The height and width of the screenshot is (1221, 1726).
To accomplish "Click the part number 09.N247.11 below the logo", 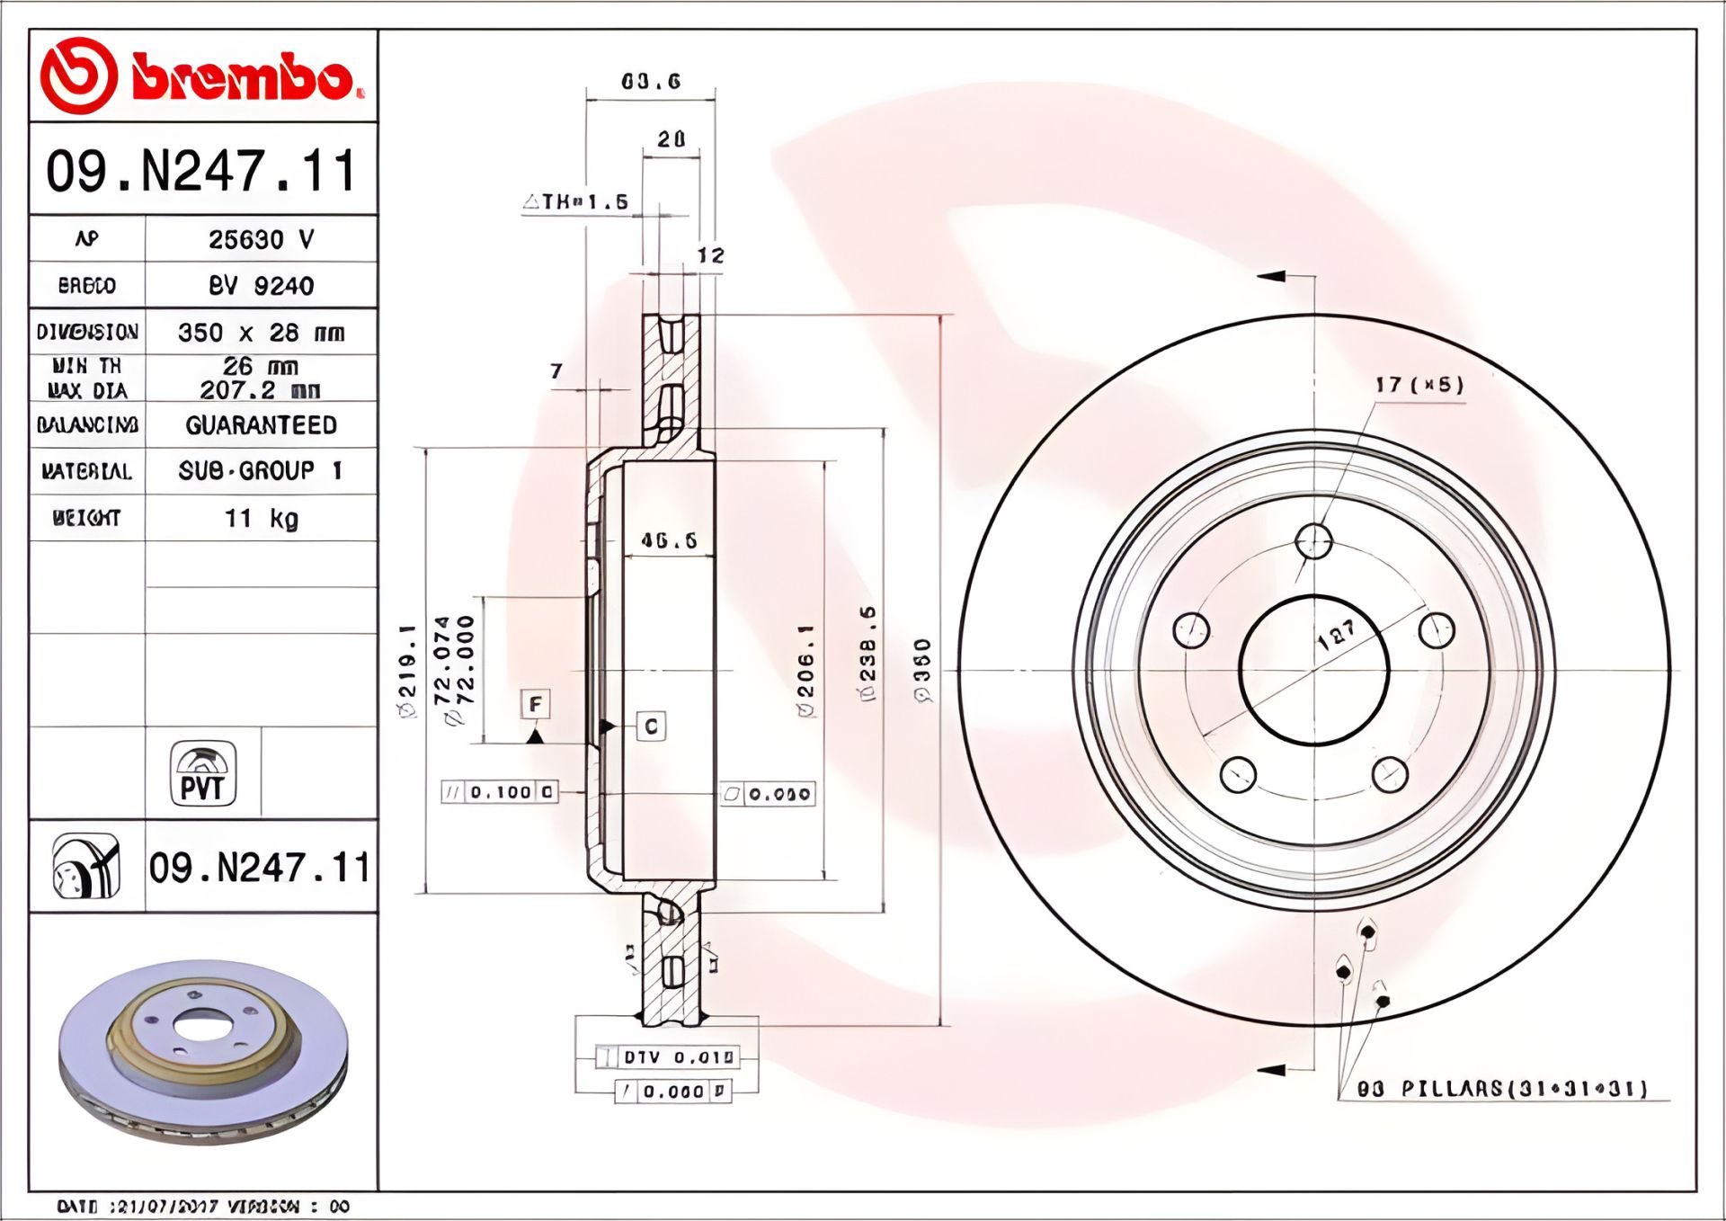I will point(202,171).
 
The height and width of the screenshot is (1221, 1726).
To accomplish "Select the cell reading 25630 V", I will point(261,239).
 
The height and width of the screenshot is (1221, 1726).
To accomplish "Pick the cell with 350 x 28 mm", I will point(261,333).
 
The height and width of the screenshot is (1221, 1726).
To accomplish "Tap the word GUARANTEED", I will point(261,425).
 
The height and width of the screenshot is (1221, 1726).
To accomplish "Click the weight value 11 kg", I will point(261,519).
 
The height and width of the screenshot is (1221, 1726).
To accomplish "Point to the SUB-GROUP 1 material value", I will point(261,471).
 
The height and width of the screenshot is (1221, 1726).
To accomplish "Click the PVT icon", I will point(203,773).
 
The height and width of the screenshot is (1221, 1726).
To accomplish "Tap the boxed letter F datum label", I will point(536,704).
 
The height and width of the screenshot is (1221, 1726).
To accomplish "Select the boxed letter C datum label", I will point(652,726).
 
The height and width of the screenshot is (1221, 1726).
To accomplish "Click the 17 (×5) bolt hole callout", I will point(1419,385).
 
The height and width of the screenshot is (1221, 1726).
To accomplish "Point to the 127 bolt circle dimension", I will point(1337,634).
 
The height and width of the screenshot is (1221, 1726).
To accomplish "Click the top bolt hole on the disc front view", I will point(1313,541).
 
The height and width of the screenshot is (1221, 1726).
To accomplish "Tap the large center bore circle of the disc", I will point(1313,670).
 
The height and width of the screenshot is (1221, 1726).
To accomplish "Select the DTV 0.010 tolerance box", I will point(668,1057).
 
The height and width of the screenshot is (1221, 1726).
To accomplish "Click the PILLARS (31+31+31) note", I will point(1501,1089).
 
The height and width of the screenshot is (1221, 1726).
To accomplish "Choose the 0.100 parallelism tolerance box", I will point(500,792).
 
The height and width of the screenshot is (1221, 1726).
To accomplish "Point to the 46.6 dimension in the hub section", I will point(669,540).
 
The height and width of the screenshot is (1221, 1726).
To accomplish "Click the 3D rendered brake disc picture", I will point(203,1052).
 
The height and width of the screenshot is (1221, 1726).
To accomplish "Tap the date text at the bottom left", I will point(202,1207).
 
